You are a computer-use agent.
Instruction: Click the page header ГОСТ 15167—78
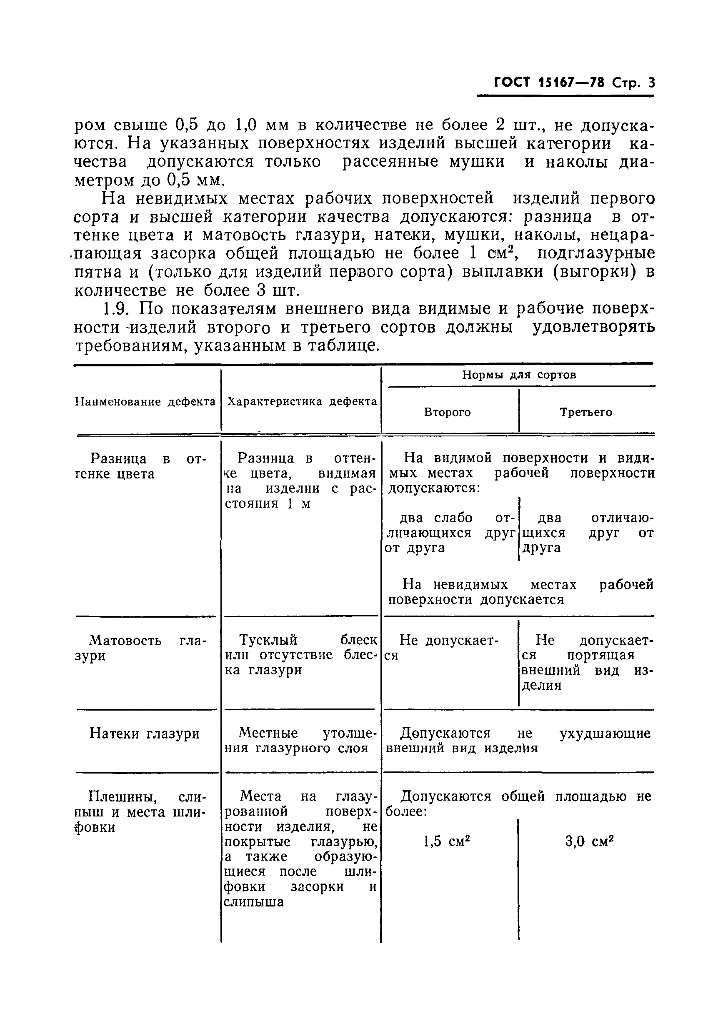(x=549, y=83)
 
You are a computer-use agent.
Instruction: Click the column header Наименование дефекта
(x=145, y=402)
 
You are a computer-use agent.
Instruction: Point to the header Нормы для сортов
(x=519, y=375)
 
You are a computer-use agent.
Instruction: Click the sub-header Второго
(x=447, y=412)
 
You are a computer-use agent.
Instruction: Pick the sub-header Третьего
(x=586, y=412)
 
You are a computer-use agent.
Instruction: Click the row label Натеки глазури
(x=145, y=733)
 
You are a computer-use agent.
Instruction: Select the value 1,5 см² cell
(x=447, y=841)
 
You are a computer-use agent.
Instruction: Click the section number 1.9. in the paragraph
(x=117, y=308)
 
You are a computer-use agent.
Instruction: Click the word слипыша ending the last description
(x=254, y=901)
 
